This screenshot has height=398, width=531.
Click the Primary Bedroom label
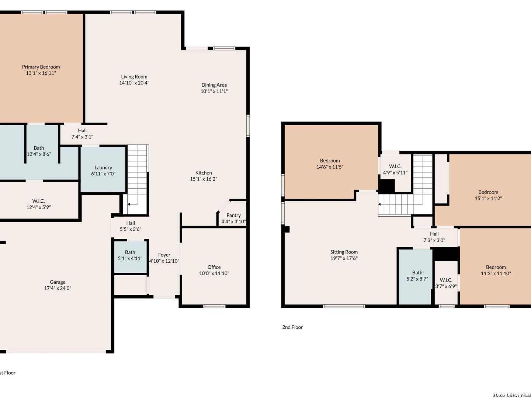(41, 67)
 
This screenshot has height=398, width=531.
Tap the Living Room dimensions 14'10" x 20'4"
(134, 83)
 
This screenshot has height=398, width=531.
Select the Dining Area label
(214, 85)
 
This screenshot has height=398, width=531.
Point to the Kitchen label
(204, 173)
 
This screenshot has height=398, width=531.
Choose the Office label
(214, 267)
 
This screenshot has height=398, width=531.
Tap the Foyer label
(164, 255)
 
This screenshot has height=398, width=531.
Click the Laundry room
(103, 169)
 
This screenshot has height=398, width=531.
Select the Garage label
(58, 282)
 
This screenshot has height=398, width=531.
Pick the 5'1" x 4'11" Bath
(131, 257)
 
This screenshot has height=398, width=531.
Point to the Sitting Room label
(344, 252)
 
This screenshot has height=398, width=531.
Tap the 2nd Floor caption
(292, 327)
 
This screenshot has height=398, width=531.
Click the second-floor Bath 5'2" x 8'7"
(415, 277)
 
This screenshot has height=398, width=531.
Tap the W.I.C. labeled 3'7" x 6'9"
(446, 283)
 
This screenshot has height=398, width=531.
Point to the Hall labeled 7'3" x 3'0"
(434, 237)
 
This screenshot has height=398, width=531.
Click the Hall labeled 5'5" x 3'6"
(131, 226)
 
